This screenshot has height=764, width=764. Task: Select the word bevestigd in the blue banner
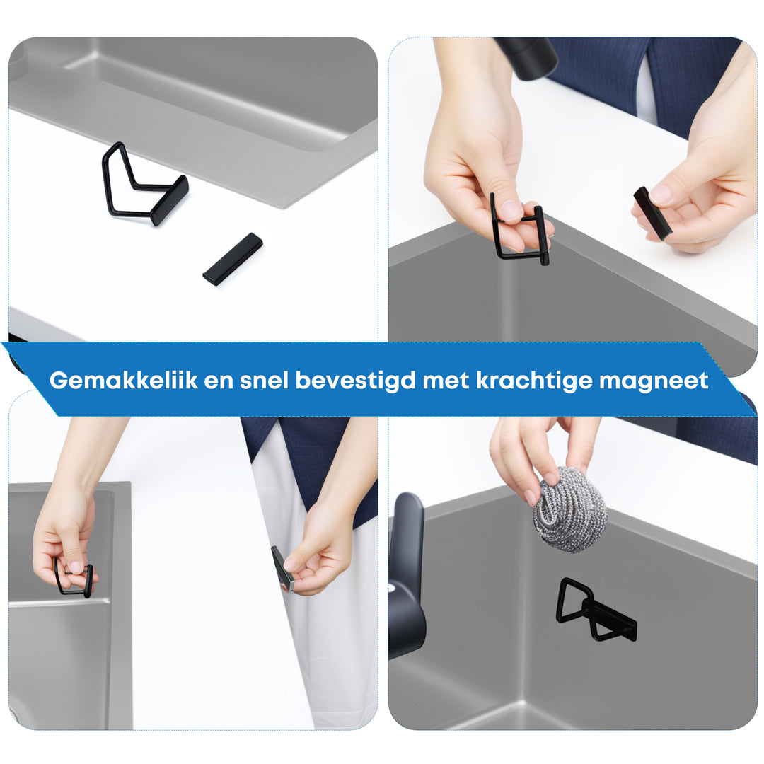pyautogui.click(x=355, y=381)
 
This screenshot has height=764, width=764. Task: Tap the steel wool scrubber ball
pyautogui.click(x=570, y=509)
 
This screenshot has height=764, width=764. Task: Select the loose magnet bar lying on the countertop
pyautogui.click(x=233, y=259)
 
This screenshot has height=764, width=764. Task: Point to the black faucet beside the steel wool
pyautogui.click(x=406, y=573)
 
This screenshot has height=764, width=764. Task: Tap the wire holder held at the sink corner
pyautogui.click(x=520, y=233)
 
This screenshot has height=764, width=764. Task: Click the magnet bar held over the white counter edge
pyautogui.click(x=652, y=212)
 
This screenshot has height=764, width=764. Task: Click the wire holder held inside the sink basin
pyautogui.click(x=74, y=578)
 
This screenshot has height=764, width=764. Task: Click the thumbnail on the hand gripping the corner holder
pyautogui.click(x=511, y=210)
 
